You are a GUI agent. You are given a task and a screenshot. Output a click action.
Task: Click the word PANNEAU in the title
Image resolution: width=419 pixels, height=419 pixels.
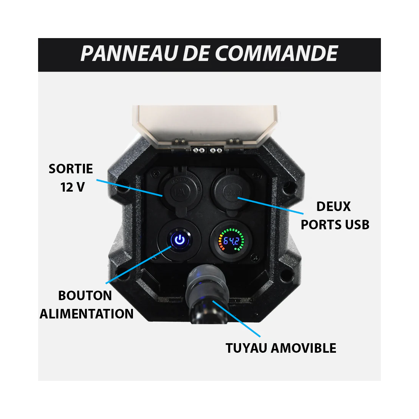pyautogui.click(x=130, y=53)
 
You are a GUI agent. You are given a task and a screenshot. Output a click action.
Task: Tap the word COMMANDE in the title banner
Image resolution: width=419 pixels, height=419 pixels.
pyautogui.click(x=276, y=53)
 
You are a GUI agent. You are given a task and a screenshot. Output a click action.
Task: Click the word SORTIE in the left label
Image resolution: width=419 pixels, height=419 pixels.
pyautogui.click(x=71, y=169)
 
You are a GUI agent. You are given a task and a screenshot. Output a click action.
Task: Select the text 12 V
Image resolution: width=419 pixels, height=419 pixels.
pyautogui.click(x=72, y=187)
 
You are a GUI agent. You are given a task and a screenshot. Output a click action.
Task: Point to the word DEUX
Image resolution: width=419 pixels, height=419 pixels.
pyautogui.click(x=334, y=206)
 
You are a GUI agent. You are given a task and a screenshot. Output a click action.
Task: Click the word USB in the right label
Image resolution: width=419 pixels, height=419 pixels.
pyautogui.click(x=357, y=225)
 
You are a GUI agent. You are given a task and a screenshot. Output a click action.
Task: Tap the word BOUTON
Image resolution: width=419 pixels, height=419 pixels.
pyautogui.click(x=85, y=296)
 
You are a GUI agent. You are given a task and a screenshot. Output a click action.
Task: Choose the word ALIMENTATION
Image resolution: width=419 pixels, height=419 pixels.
pyautogui.click(x=86, y=314)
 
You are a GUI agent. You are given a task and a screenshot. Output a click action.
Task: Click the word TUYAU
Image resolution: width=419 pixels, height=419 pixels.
pyautogui.click(x=246, y=348)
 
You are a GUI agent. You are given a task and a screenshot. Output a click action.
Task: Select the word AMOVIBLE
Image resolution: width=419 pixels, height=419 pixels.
pyautogui.click(x=304, y=348)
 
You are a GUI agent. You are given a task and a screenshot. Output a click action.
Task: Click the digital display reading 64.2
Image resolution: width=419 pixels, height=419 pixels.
pyautogui.click(x=231, y=241)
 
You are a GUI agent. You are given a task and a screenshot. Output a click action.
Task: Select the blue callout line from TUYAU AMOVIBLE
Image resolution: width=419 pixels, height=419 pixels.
pyautogui.click(x=237, y=318)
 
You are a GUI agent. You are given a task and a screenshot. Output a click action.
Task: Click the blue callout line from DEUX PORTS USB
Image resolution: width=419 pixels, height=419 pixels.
pyautogui.click(x=270, y=205)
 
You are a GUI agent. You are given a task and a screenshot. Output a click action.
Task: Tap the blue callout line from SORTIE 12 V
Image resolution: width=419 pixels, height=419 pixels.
pyautogui.click(x=130, y=188)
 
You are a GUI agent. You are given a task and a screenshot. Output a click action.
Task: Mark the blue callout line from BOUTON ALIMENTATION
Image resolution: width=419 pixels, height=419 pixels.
pyautogui.click(x=138, y=265)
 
